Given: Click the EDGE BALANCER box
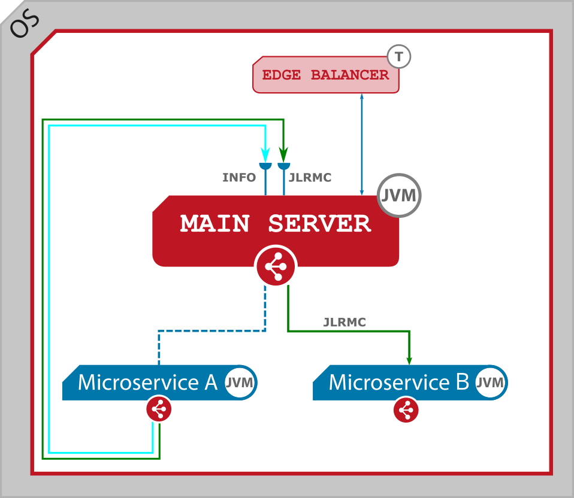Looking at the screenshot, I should click(x=325, y=75).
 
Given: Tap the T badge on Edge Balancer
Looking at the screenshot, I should click(x=399, y=57).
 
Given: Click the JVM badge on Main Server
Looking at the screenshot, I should click(x=400, y=195).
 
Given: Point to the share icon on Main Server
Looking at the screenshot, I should click(x=276, y=266).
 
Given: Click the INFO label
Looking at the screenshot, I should click(x=239, y=178).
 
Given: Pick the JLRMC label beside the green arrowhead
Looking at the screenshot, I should click(x=310, y=178).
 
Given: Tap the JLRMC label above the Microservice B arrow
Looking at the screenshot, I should click(x=345, y=323).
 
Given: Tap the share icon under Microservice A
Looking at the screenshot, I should click(x=159, y=410).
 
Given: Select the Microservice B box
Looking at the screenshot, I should click(x=398, y=382).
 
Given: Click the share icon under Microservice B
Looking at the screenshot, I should click(x=406, y=411).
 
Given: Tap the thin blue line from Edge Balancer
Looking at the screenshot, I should click(x=361, y=144).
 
